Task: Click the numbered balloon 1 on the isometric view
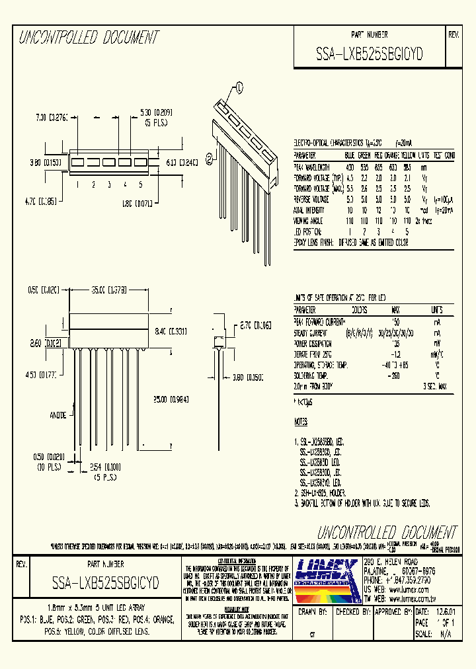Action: pos(239,86)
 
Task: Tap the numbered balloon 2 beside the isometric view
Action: pos(210,157)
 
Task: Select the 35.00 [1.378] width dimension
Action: pos(108,290)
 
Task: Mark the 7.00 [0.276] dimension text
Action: pos(51,118)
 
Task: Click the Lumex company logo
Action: pos(327,574)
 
